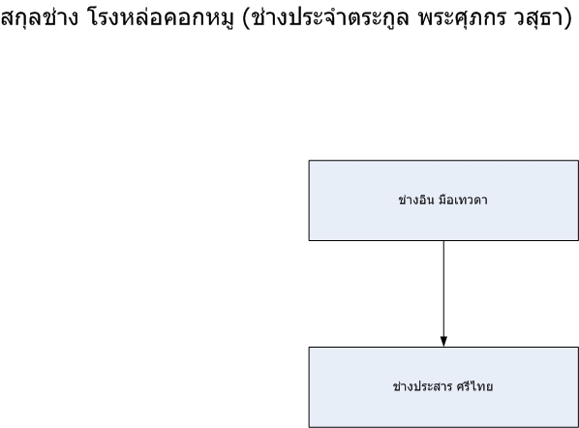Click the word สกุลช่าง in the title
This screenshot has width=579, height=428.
pos(40,17)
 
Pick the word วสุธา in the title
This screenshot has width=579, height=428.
pos(537,17)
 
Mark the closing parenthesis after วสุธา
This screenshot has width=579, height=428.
pos(568,18)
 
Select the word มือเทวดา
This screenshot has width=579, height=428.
pos(463,199)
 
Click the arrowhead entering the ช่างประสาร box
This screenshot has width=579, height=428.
pos(443,342)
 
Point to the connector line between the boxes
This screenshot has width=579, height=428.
pos(443,293)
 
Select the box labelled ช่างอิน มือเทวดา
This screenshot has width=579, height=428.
pos(443,200)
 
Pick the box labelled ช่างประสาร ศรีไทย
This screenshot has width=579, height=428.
pos(443,387)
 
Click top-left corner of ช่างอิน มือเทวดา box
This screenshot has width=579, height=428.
pos(309,161)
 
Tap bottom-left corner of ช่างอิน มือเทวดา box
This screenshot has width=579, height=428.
pos(309,240)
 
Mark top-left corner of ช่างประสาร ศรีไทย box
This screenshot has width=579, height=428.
pos(309,347)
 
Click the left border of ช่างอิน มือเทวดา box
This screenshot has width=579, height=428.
pos(309,200)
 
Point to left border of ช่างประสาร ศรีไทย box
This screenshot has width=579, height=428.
pos(309,387)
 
